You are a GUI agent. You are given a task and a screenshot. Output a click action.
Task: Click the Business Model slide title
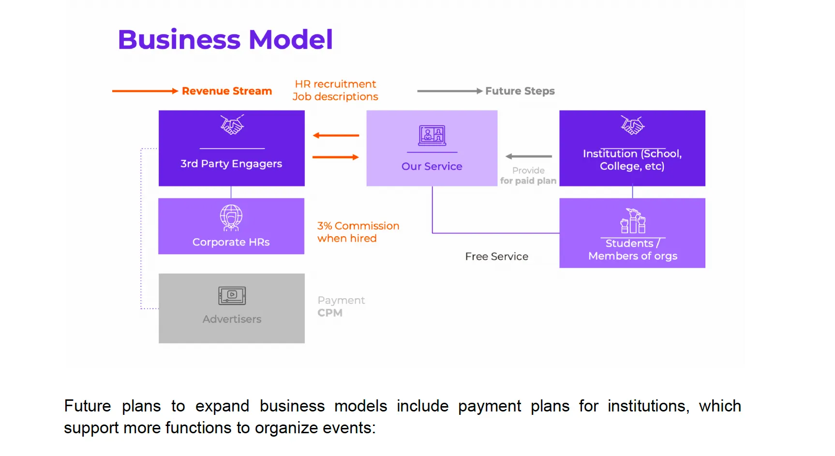[225, 39]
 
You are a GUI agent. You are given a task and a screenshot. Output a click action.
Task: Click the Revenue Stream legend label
[226, 91]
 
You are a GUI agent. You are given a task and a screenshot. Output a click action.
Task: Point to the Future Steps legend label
[520, 91]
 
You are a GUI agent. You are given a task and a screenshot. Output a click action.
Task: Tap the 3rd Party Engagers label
[231, 164]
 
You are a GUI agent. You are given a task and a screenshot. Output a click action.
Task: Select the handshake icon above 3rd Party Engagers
[232, 125]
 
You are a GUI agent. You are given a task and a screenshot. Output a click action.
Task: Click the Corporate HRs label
[231, 242]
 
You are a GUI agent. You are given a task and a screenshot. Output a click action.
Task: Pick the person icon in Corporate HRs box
[231, 217]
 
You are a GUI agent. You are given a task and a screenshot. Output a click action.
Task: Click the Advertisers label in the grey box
[232, 319]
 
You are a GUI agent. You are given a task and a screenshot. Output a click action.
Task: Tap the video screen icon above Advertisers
[232, 295]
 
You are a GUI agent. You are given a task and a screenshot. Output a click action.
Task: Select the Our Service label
[432, 166]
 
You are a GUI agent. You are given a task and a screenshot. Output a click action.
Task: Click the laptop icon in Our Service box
[432, 136]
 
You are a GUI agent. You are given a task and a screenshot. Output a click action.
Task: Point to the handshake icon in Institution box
[632, 125]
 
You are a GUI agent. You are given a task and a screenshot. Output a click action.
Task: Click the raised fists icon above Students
[633, 221]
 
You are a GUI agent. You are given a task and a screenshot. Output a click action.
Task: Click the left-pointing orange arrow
[336, 136]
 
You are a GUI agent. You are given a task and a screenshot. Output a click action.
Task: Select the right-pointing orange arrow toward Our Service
[336, 157]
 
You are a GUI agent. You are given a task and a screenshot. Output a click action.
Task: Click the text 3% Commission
[358, 226]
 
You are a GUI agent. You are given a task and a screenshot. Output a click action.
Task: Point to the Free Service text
[496, 257]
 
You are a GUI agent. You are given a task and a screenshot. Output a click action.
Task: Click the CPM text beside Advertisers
[330, 313]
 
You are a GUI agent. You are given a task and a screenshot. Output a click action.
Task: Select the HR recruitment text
[335, 84]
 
